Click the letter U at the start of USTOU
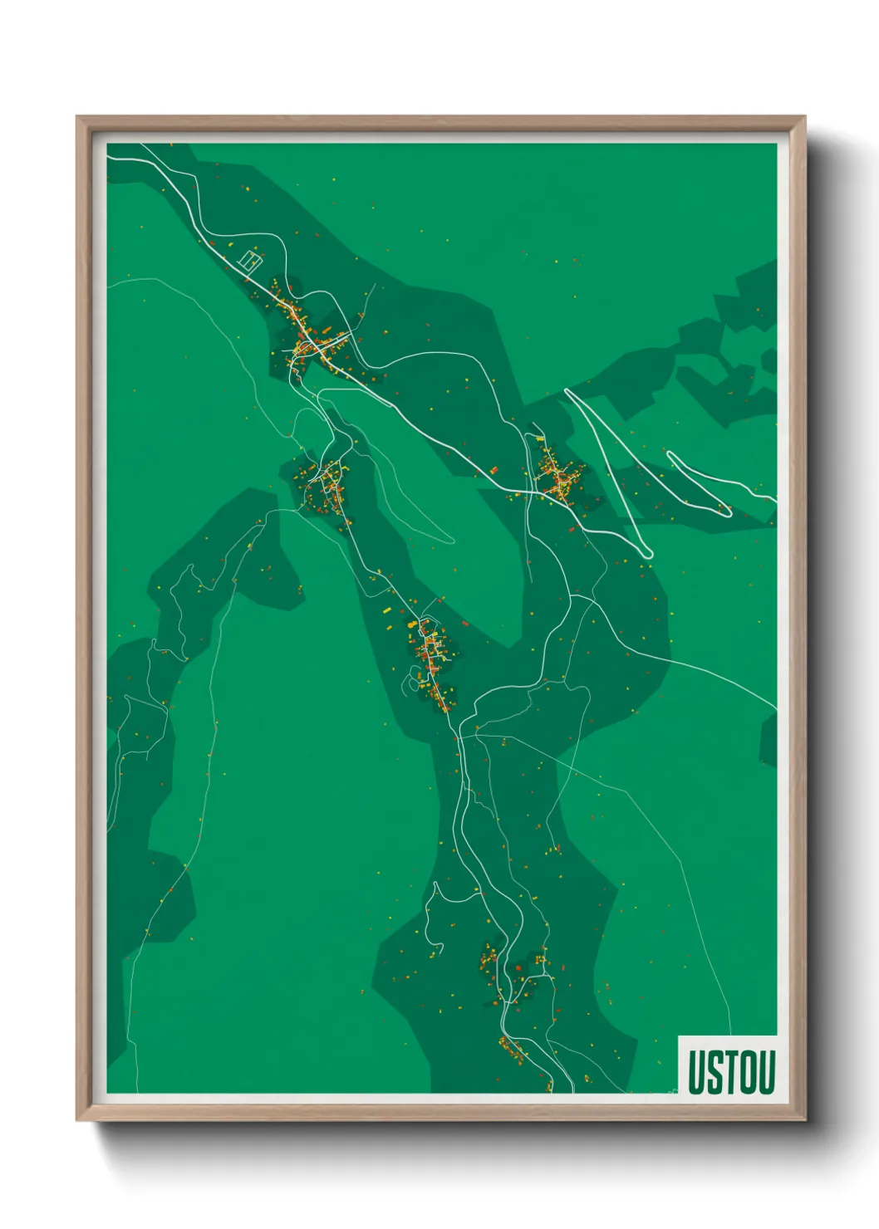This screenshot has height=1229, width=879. tap(696, 1072)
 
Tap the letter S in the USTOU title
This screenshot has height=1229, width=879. tap(713, 1072)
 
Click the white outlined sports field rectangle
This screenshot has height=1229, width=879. tap(250, 260)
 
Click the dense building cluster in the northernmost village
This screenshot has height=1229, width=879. tap(309, 343)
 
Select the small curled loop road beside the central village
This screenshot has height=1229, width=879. tap(412, 683)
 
